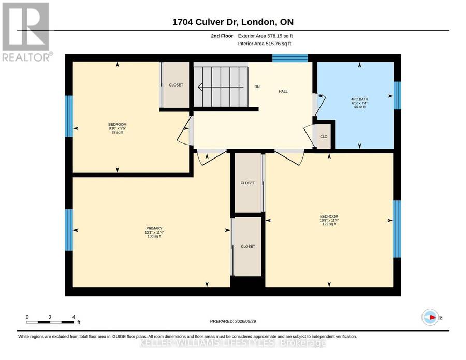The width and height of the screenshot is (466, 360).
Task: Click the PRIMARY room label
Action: pyautogui.click(x=154, y=228)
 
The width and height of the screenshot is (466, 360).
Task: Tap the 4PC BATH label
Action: pyautogui.click(x=360, y=99)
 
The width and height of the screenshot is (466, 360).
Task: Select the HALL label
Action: pyautogui.click(x=283, y=91)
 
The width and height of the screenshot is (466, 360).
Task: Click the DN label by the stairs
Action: pyautogui.click(x=257, y=87)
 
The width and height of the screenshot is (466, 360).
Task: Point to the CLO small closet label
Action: pyautogui.click(x=324, y=137)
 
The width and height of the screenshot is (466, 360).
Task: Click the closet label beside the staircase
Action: pyautogui.click(x=176, y=85)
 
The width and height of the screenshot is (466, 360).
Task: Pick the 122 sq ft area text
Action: pyautogui.click(x=329, y=224)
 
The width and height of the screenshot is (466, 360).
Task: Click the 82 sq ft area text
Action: pyautogui.click(x=118, y=132)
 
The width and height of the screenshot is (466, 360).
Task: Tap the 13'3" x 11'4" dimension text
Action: pyautogui.click(x=154, y=233)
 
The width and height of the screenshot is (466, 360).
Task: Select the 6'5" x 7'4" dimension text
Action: pyautogui.click(x=360, y=103)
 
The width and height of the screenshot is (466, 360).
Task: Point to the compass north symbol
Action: pyautogui.click(x=430, y=318)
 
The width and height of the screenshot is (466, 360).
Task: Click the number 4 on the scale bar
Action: pyautogui.click(x=74, y=317)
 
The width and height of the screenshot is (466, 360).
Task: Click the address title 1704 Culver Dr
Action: pyautogui.click(x=205, y=22)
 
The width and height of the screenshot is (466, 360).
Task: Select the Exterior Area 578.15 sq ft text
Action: pyautogui.click(x=266, y=36)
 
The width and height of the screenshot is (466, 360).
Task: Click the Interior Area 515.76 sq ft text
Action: pyautogui.click(x=265, y=44)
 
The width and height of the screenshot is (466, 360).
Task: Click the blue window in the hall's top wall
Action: pyautogui.click(x=290, y=58)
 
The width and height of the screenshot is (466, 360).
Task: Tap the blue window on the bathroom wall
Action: pyautogui.click(x=397, y=95)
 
